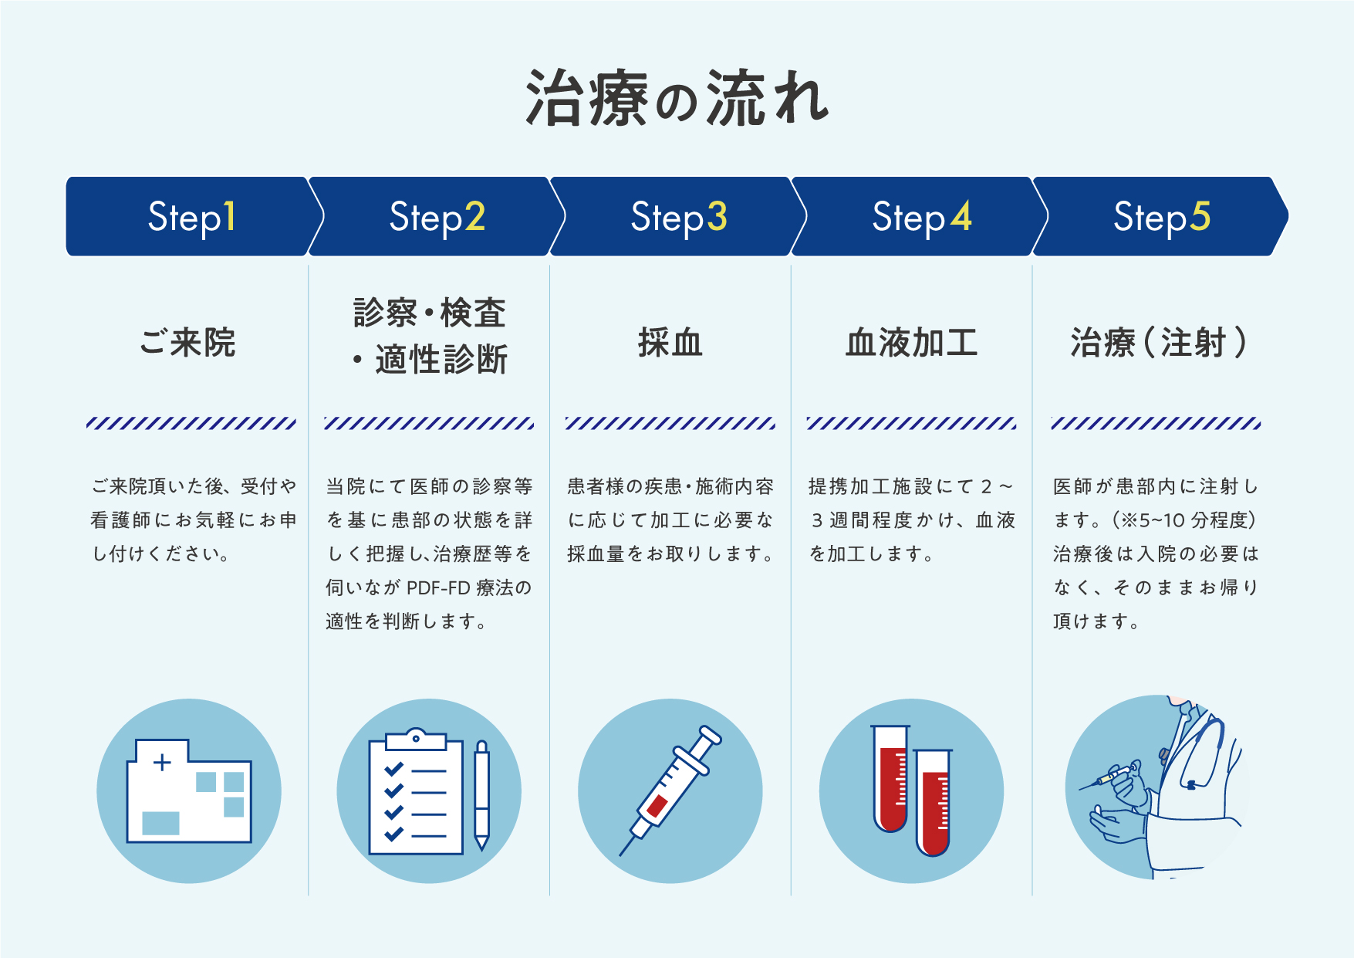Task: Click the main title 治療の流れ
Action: click(x=677, y=99)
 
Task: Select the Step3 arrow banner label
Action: click(x=678, y=217)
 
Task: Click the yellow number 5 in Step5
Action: click(x=1200, y=216)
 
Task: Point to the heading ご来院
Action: click(x=187, y=343)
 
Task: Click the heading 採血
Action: click(x=670, y=343)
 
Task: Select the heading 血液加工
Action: click(x=911, y=343)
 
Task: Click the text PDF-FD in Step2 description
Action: click(x=437, y=588)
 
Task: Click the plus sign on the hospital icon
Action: click(x=162, y=763)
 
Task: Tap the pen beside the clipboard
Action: click(x=481, y=795)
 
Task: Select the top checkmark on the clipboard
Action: click(x=393, y=769)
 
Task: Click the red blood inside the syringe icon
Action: click(x=657, y=806)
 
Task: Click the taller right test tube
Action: click(x=934, y=803)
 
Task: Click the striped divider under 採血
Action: click(x=670, y=423)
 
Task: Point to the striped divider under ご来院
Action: click(x=191, y=423)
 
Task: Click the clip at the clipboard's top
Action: click(x=416, y=740)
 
